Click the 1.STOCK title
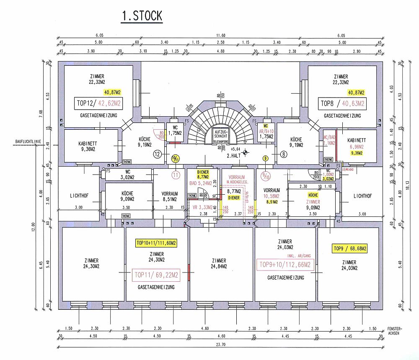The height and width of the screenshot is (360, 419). click(142, 16)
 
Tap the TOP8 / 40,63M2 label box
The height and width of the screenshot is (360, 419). click(342, 103)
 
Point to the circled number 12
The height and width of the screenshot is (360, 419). click(158, 154)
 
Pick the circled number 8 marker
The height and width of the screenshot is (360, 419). click(284, 154)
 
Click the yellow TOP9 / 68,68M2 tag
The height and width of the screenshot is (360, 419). click(349, 249)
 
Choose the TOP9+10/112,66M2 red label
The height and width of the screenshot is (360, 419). click(285, 265)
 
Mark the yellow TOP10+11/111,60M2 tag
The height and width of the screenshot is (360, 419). click(156, 243)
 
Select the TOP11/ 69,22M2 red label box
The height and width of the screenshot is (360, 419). click(155, 275)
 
